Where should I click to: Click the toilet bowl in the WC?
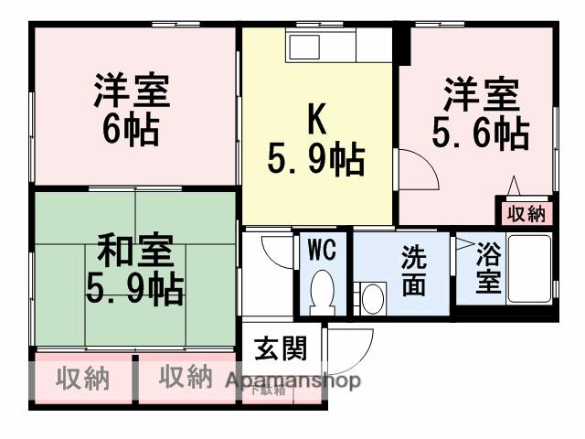322,294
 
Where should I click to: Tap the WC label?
321,250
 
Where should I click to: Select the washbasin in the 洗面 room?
372,296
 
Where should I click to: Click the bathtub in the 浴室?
528,270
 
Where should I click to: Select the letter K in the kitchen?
315,119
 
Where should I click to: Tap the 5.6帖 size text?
481,134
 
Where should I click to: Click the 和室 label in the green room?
134,249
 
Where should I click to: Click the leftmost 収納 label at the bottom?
82,378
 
